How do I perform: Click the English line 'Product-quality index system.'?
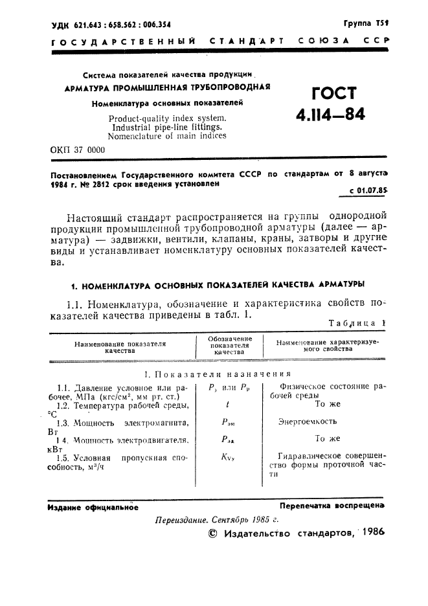[x=167, y=118]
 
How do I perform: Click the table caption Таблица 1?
[x=357, y=322]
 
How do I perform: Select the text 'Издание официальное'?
[x=93, y=508]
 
